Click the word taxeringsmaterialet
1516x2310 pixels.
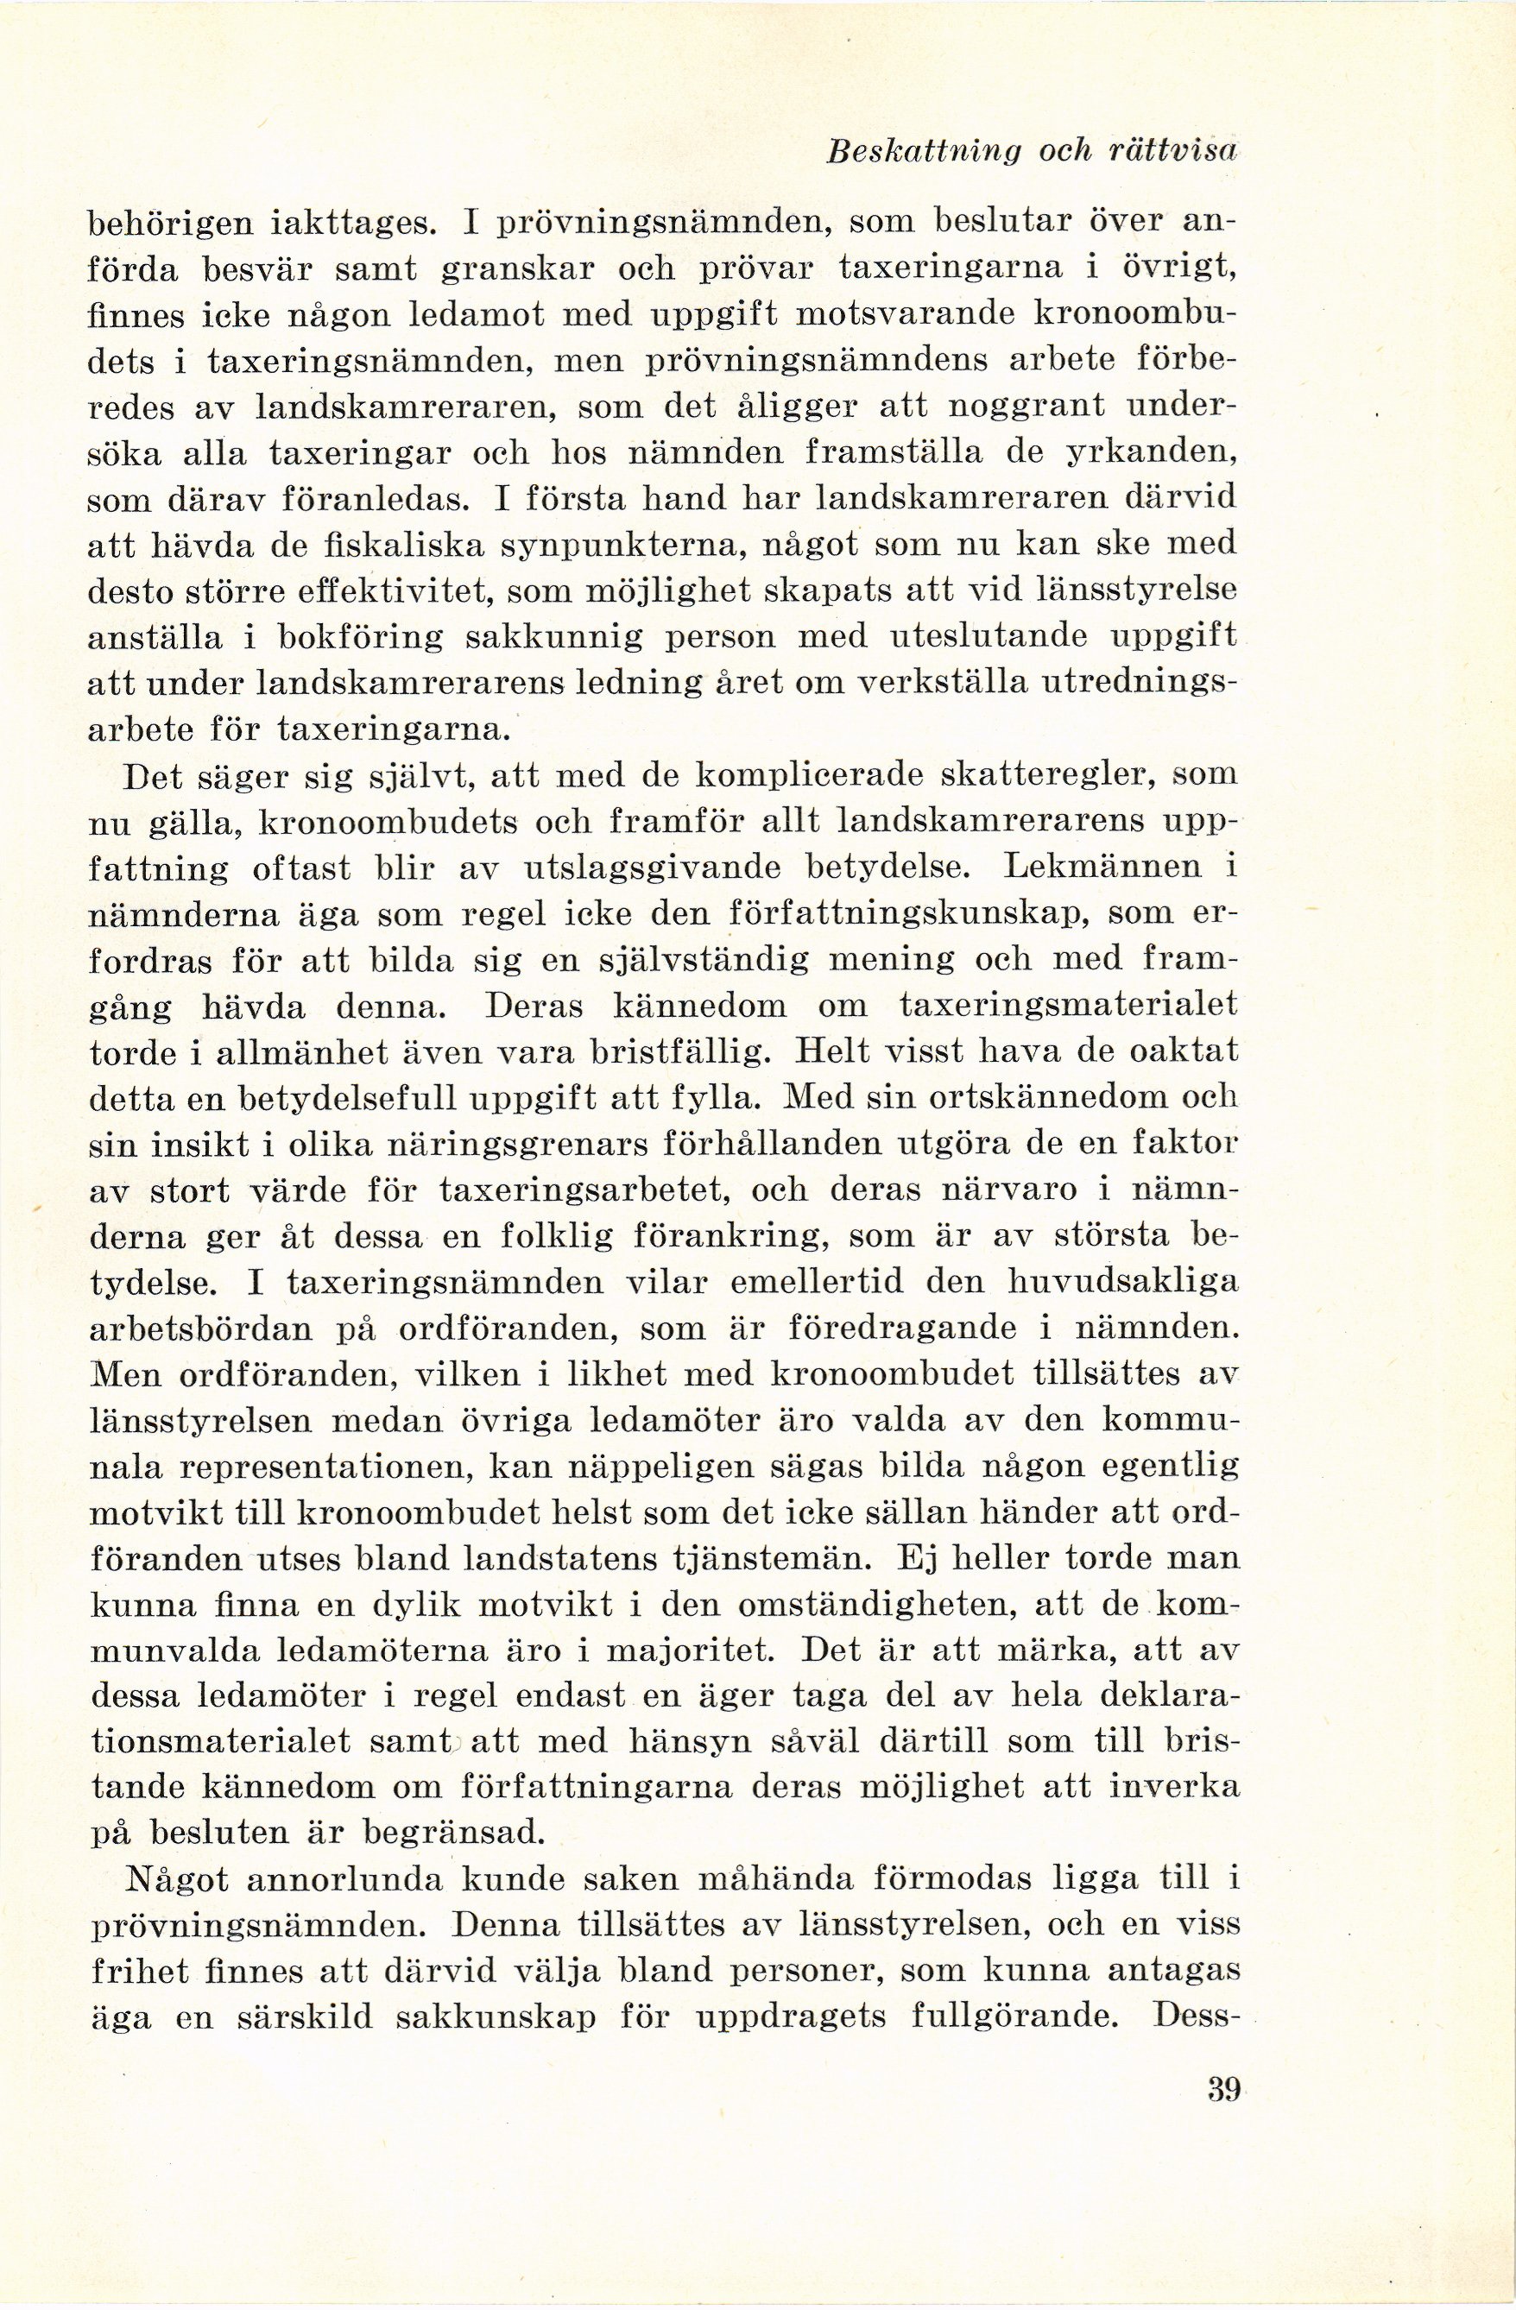pyautogui.click(x=1068, y=1005)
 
